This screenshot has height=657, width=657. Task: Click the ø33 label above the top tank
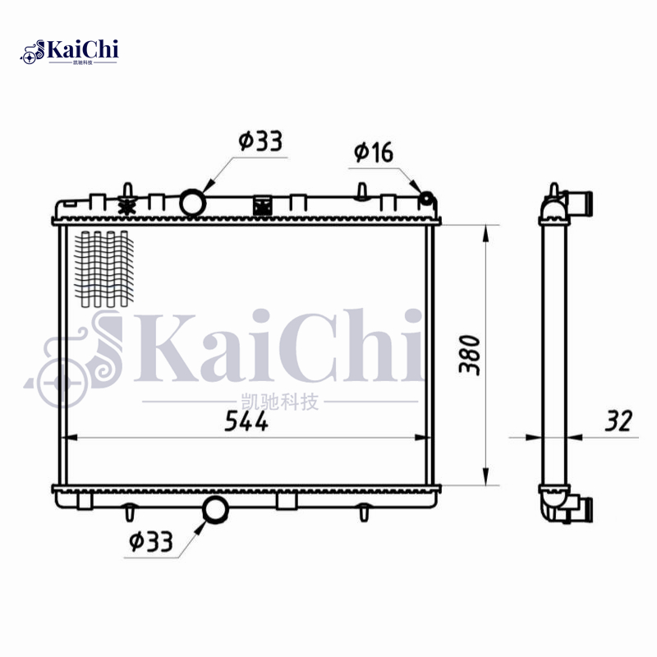pyautogui.click(x=260, y=141)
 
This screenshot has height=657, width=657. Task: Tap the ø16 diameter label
pyautogui.click(x=374, y=152)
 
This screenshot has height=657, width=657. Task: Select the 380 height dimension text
pyautogui.click(x=468, y=353)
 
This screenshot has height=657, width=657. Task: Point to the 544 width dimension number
pyautogui.click(x=247, y=421)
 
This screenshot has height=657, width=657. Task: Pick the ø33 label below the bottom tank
pyautogui.click(x=149, y=541)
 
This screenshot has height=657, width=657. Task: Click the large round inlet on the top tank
pyautogui.click(x=192, y=202)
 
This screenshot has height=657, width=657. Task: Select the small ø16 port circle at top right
pyautogui.click(x=427, y=199)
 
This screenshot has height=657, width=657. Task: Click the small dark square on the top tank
pyautogui.click(x=263, y=206)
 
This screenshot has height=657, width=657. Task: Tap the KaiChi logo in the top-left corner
pyautogui.click(x=71, y=52)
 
